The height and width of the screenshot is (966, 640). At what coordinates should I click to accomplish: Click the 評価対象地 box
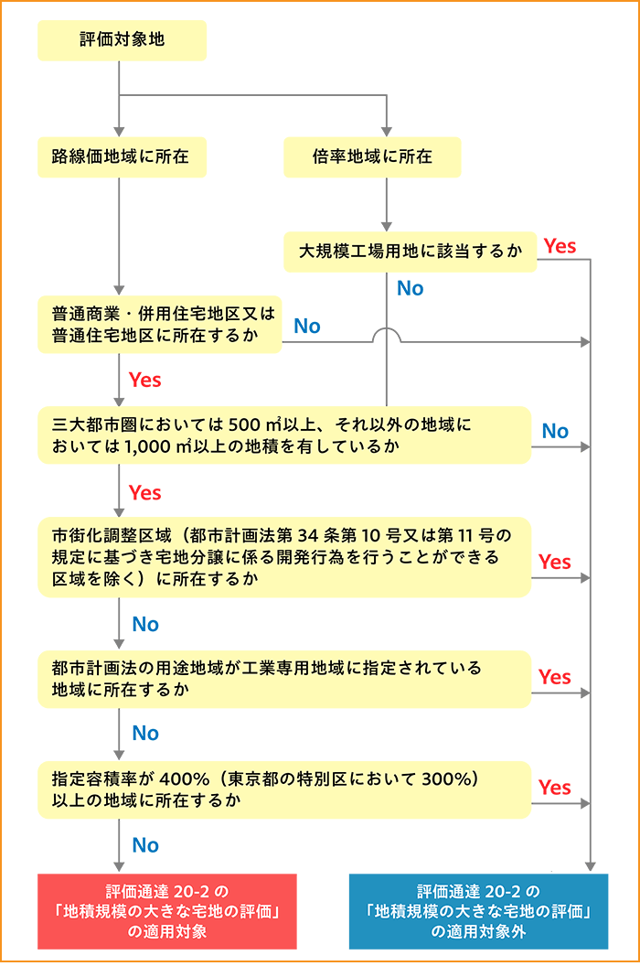(x=122, y=40)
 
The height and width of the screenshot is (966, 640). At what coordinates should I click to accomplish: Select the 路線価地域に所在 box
(x=122, y=157)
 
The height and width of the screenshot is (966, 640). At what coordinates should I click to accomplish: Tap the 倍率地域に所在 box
(x=372, y=157)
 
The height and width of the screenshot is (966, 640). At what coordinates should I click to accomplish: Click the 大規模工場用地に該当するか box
(x=411, y=252)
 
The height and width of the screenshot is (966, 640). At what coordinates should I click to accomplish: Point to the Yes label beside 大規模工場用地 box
(x=560, y=246)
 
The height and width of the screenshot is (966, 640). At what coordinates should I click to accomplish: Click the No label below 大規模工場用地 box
(x=411, y=288)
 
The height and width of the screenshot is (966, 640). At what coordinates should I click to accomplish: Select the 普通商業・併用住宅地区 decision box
(x=159, y=325)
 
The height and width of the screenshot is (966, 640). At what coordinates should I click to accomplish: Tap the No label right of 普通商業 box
(x=307, y=326)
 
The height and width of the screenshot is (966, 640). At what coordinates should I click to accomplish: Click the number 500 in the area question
(x=244, y=425)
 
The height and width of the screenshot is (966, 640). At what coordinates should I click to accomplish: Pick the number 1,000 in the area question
(x=148, y=446)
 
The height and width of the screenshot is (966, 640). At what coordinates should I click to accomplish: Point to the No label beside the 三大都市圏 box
(x=555, y=431)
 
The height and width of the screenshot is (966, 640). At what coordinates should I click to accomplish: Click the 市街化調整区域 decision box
(x=284, y=557)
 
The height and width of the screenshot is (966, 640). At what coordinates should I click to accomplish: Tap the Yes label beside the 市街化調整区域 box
(x=554, y=562)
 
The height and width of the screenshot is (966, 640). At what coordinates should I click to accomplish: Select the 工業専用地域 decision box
(x=284, y=679)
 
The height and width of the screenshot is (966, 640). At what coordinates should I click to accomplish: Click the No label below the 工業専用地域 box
(x=145, y=733)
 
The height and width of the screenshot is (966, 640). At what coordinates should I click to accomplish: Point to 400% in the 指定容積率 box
(x=185, y=779)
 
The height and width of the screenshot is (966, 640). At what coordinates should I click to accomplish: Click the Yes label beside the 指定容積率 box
(x=554, y=788)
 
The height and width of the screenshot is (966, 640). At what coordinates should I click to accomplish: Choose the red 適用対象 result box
(x=167, y=911)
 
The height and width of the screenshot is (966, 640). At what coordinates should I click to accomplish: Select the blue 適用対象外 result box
(x=478, y=911)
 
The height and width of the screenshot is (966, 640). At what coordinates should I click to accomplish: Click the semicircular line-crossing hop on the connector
(x=387, y=328)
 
